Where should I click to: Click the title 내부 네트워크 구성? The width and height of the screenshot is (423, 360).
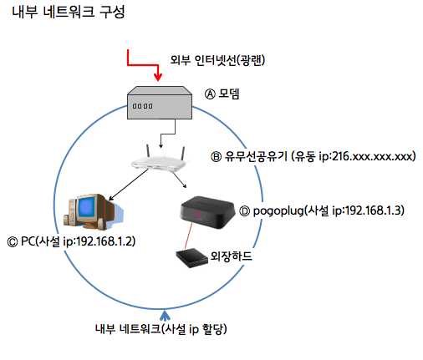click(69, 12)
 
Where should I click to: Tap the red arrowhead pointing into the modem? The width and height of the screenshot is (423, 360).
click(158, 77)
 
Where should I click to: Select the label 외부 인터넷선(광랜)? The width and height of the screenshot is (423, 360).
click(217, 60)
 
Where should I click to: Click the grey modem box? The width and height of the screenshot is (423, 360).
click(160, 103)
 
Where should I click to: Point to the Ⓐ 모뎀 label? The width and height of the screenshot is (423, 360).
click(222, 94)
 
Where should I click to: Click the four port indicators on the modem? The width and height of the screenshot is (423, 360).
click(142, 106)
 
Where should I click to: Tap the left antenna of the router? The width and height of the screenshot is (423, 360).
click(148, 151)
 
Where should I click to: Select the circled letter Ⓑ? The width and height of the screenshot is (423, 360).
click(216, 157)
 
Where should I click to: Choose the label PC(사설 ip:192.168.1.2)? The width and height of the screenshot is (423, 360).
click(79, 241)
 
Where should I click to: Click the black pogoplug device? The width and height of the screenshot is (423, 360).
click(207, 212)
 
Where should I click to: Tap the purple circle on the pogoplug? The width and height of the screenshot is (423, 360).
click(198, 215)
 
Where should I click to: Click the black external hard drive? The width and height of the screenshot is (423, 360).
click(192, 258)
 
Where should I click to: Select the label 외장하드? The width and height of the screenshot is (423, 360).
click(231, 256)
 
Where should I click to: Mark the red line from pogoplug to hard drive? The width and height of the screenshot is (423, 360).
click(188, 236)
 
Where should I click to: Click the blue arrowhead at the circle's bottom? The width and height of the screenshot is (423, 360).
click(165, 316)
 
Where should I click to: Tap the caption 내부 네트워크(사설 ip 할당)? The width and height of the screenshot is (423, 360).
click(161, 329)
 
